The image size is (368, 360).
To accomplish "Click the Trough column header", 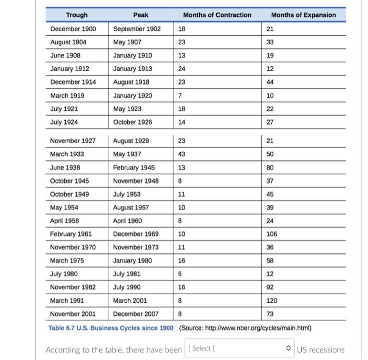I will click(77, 15).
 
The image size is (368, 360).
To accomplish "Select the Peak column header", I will click(141, 15).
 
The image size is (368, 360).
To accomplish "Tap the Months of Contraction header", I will click(217, 15).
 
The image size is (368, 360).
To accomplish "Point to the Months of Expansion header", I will click(303, 15).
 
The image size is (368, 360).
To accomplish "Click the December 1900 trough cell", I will click(73, 29).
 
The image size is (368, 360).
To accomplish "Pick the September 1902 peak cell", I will click(137, 29).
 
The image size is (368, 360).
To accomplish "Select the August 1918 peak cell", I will click(131, 82).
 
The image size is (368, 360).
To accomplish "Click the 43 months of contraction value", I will click(182, 154).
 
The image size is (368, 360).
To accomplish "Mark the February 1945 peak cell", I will click(134, 167).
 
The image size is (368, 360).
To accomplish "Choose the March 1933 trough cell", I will click(67, 154).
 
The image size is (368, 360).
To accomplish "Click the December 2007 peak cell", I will click(136, 314).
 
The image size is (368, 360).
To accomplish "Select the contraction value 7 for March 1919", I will click(180, 96).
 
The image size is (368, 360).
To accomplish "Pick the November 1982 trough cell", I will click(73, 287).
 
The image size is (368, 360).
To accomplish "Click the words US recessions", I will click(321, 350).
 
